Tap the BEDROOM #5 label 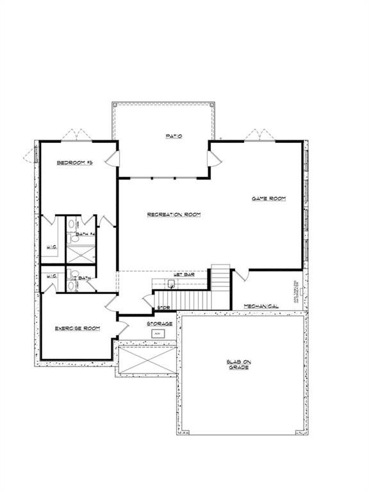[75, 163]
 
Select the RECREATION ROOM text [174, 214]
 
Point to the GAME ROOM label [268, 199]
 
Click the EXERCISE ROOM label [77, 328]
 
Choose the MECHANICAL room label [261, 306]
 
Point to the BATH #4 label [85, 234]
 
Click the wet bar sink [171, 283]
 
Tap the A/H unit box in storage [158, 334]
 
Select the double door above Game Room [260, 135]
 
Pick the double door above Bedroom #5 [78, 135]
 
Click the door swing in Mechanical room [239, 276]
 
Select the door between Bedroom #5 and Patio [113, 159]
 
